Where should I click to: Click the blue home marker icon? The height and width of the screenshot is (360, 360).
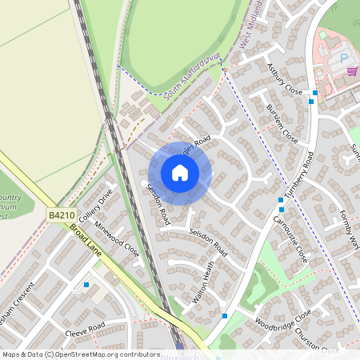(x=180, y=173)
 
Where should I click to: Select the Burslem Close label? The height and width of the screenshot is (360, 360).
(x=282, y=123)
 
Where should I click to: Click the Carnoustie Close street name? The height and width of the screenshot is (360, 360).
(x=290, y=238)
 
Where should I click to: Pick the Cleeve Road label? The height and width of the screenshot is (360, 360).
(x=85, y=330)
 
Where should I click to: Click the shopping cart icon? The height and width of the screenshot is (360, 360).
(x=351, y=70)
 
